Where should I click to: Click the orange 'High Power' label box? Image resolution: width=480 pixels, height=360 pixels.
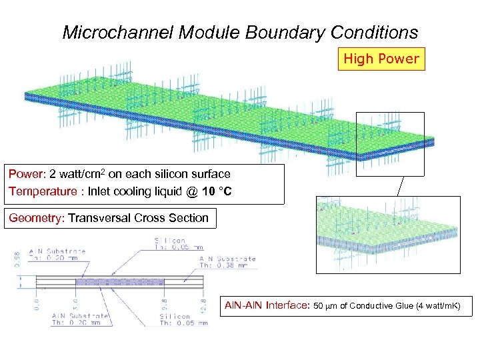click(x=381, y=59)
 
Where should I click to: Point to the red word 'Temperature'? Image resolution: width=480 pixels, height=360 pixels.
click(x=41, y=191)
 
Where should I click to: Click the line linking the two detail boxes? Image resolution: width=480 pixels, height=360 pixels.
click(x=400, y=186)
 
